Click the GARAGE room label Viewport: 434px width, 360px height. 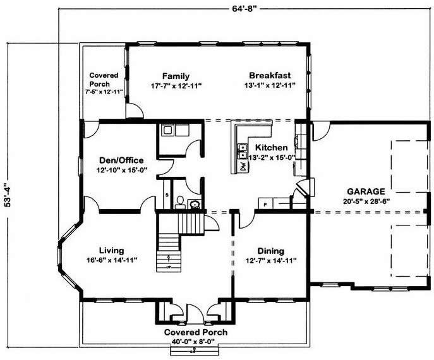point(366,191)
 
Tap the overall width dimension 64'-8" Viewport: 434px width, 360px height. point(243,8)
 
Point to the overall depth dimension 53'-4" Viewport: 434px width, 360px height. point(8,195)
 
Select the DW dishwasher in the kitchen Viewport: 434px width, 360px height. point(243,166)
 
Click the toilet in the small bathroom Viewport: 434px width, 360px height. point(180,202)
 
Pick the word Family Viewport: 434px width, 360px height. point(176,76)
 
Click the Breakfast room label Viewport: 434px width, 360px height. point(270,75)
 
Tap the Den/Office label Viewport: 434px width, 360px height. point(121,160)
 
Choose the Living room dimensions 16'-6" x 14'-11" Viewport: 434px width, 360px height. point(112,260)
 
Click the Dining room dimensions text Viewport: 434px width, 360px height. point(271,260)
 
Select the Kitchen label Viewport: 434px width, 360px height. point(271,148)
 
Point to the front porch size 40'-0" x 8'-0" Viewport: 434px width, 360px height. point(193,342)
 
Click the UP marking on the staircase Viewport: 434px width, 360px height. point(169,267)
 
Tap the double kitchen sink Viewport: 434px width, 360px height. point(243,152)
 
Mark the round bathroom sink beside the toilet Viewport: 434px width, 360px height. point(195,205)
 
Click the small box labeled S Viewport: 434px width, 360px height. point(167,195)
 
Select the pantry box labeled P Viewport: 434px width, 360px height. point(265,203)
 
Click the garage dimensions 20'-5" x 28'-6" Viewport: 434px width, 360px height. point(366,201)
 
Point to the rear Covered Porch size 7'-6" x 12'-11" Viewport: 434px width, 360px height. point(104,92)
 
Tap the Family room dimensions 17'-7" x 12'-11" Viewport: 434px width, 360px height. point(176,86)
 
